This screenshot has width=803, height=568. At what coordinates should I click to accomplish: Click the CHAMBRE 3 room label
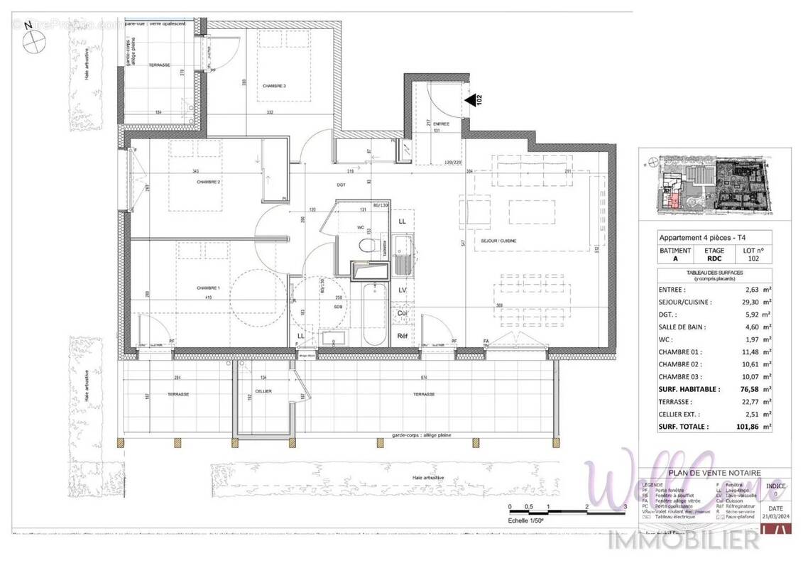point(274,86)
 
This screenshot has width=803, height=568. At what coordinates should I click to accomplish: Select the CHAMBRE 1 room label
point(208,288)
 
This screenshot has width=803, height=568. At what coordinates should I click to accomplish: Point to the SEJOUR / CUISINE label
point(499,241)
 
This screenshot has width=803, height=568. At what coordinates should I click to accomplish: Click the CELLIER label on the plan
point(263,391)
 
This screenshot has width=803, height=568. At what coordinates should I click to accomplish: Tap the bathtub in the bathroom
point(375,316)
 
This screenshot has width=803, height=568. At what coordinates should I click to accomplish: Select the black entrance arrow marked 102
point(471,101)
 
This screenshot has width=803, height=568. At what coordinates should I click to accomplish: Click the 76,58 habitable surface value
point(748,389)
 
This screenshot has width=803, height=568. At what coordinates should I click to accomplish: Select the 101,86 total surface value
point(748,427)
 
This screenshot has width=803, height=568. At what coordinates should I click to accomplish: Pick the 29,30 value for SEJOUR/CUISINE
point(750,302)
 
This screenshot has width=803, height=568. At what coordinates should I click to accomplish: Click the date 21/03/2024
point(776,517)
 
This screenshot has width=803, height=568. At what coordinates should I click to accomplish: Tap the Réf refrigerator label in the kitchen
point(403,336)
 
